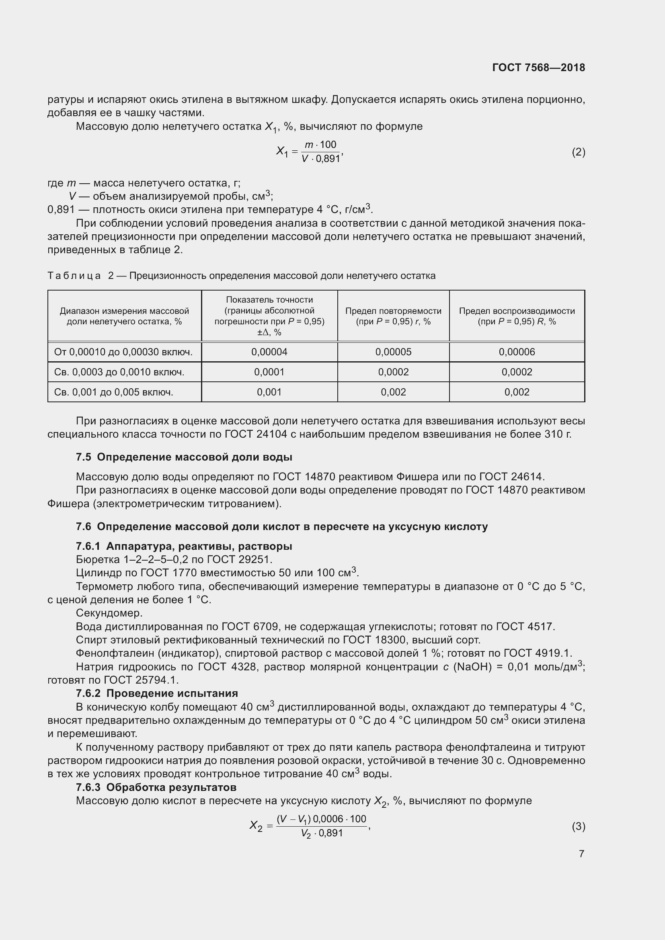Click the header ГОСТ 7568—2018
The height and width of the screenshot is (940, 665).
pyautogui.click(x=538, y=68)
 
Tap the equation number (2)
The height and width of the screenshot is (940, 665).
pyautogui.click(x=578, y=152)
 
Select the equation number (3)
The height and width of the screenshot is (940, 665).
pyautogui.click(x=578, y=826)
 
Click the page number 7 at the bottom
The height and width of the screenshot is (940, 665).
pyautogui.click(x=581, y=853)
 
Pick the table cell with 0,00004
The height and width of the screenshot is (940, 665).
pyautogui.click(x=269, y=352)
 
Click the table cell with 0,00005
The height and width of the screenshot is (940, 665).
pyautogui.click(x=393, y=352)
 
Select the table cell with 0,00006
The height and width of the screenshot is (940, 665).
pyautogui.click(x=516, y=352)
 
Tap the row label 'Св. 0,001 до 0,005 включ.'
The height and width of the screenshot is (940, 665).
pyautogui.click(x=113, y=392)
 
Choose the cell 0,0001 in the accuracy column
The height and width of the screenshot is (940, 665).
pyautogui.click(x=269, y=372)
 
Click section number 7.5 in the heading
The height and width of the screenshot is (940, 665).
pyautogui.click(x=84, y=457)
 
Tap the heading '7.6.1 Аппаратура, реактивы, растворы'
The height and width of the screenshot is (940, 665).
pyautogui.click(x=184, y=546)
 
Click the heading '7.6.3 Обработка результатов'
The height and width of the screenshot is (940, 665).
pyautogui.click(x=156, y=787)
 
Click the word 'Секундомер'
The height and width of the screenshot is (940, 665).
pyautogui.click(x=109, y=613)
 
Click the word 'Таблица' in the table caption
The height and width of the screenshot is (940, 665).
pyautogui.click(x=74, y=276)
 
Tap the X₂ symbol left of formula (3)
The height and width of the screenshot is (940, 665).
pyautogui.click(x=256, y=825)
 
